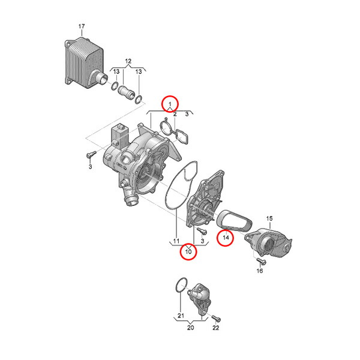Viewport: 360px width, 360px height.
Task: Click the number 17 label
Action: click(82, 26)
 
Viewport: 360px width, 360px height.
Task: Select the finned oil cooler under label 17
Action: click(86, 63)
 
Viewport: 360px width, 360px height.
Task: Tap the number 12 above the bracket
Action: click(128, 61)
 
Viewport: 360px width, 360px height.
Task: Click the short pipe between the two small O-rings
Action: click(126, 93)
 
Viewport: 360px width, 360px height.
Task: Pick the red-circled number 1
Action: click(170, 104)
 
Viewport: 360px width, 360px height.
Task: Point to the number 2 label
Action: click(175, 114)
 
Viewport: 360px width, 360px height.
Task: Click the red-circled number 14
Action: click(226, 238)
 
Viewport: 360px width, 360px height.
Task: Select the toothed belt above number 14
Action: click(235, 220)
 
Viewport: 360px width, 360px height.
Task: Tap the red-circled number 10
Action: click(188, 251)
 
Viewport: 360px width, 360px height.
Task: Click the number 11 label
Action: click(176, 241)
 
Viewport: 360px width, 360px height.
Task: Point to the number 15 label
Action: click(269, 218)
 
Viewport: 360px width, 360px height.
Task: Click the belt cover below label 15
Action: click(268, 242)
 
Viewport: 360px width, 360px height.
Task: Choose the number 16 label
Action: click(259, 271)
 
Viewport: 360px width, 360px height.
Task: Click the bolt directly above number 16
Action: click(261, 261)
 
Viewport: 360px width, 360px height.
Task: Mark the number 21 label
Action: click(181, 316)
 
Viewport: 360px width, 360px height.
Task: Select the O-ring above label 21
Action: click(181, 286)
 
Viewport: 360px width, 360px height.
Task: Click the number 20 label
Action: click(191, 328)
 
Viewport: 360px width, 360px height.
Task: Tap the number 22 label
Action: click(216, 328)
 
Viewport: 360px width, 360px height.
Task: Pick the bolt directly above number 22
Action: click(216, 318)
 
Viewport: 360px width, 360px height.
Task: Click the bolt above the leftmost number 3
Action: click(91, 154)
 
